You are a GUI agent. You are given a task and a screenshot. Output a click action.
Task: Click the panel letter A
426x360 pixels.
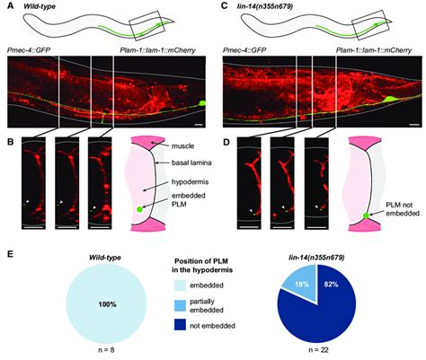11,5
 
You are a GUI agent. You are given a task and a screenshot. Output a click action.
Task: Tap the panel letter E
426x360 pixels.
11,254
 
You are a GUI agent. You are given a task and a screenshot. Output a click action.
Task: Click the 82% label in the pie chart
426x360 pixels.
330,285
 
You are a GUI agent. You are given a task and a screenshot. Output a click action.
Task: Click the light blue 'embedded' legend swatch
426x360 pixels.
180,285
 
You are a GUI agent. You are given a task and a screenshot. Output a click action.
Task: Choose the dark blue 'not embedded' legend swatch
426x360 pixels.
180,326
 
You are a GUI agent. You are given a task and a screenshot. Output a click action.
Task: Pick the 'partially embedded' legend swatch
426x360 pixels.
180,305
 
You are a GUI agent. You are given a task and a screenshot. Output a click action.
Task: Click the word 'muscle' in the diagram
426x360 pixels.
182,146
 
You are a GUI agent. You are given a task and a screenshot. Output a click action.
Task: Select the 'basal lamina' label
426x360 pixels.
192,162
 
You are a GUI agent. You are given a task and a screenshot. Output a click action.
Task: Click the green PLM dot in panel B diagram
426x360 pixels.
139,209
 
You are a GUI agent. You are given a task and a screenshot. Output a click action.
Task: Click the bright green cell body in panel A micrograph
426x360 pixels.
203,103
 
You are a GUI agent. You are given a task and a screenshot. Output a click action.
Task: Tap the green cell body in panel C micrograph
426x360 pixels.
389,100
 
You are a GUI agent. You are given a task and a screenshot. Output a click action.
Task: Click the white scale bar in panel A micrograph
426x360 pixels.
198,123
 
